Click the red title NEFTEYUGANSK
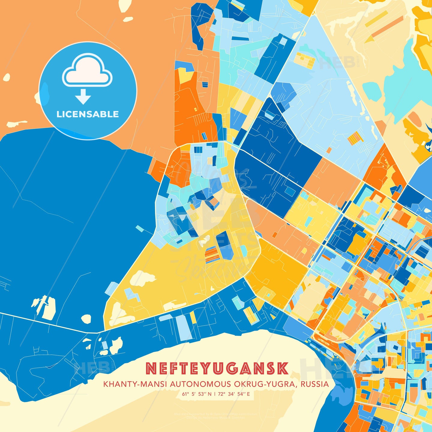coord(217,369)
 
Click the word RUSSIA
coord(315,384)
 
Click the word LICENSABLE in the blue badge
coord(88,114)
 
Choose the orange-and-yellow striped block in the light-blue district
coord(356,138)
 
